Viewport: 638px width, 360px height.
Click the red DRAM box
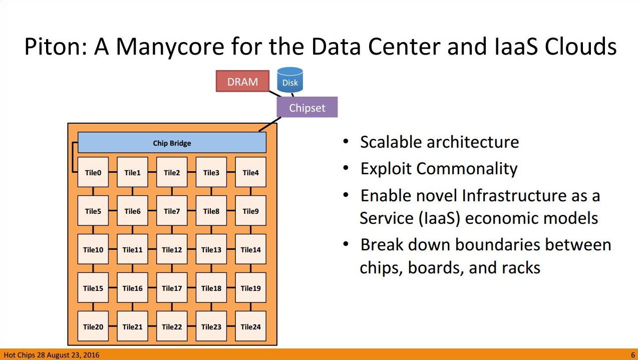click(x=242, y=81)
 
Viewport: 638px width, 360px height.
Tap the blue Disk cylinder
click(x=290, y=80)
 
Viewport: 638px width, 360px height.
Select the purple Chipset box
click(x=307, y=107)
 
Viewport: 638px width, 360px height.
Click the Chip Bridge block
click(x=172, y=142)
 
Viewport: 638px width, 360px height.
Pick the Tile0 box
click(x=93, y=172)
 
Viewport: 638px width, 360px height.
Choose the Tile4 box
click(x=250, y=172)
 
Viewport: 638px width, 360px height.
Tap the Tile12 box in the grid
click(x=172, y=249)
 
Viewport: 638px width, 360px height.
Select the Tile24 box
click(x=250, y=326)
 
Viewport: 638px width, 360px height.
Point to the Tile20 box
click(x=93, y=326)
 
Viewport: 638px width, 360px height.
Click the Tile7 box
click(x=172, y=211)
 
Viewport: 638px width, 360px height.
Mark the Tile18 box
click(x=211, y=288)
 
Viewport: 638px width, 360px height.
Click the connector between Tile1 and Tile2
click(x=152, y=172)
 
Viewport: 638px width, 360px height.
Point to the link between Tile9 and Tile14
click(x=250, y=230)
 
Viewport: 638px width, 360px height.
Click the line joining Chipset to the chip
click(x=270, y=124)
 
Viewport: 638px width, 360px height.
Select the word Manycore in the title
click(x=170, y=47)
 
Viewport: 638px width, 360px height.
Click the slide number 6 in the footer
click(x=633, y=355)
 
